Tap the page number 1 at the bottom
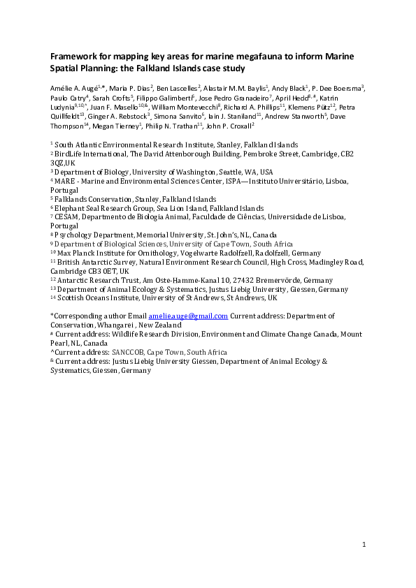coord(364,543)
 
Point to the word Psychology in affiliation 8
coord(76,235)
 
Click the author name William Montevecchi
coord(175,108)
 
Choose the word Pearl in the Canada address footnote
coord(62,344)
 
